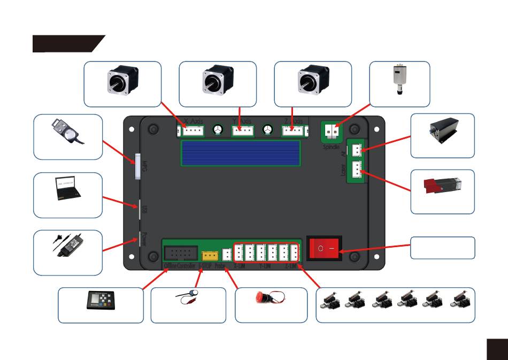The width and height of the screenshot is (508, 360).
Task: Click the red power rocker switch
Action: pyautogui.click(x=323, y=249)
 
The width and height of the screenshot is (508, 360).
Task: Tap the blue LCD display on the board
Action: pyautogui.click(x=241, y=154)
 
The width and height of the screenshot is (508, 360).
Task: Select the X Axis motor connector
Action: pyautogui.click(x=192, y=131)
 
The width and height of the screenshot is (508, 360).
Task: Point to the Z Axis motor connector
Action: pyautogui.click(x=292, y=131)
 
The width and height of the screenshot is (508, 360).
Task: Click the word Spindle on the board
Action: pyautogui.click(x=331, y=146)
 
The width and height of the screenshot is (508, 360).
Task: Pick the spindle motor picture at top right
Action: pyautogui.click(x=398, y=80)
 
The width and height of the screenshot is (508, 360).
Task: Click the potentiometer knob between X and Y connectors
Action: pyautogui.click(x=218, y=129)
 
